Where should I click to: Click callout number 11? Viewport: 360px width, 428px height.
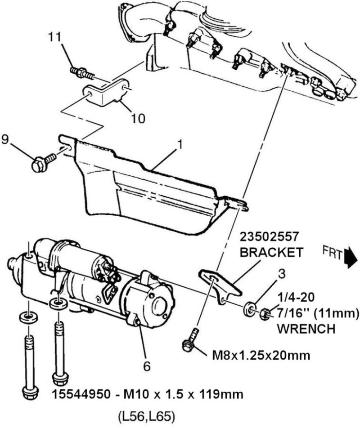point(54,38)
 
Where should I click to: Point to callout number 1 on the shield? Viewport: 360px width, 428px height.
point(180,145)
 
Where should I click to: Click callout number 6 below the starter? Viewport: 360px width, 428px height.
point(147,366)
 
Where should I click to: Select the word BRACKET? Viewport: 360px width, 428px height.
point(271,252)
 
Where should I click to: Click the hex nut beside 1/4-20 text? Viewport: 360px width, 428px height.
point(265,313)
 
